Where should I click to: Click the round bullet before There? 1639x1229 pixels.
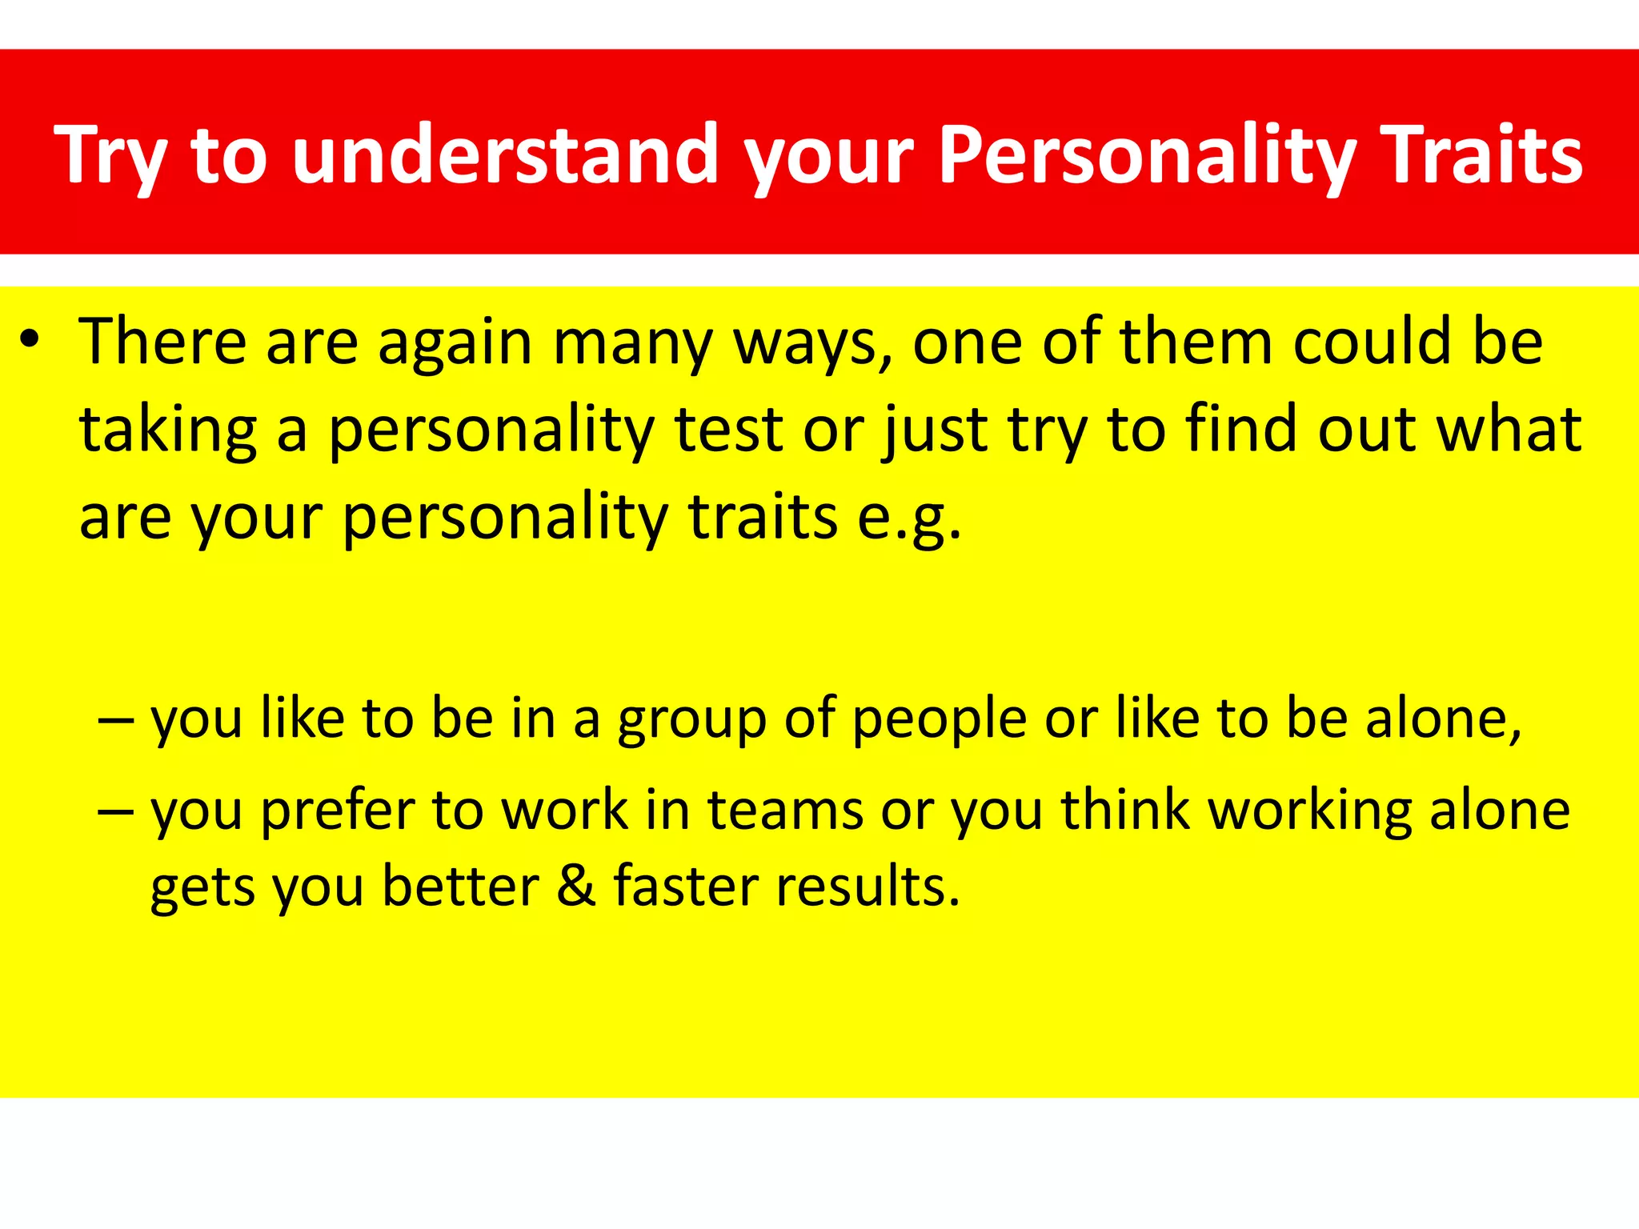(x=30, y=340)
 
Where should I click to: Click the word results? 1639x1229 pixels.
(x=868, y=887)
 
